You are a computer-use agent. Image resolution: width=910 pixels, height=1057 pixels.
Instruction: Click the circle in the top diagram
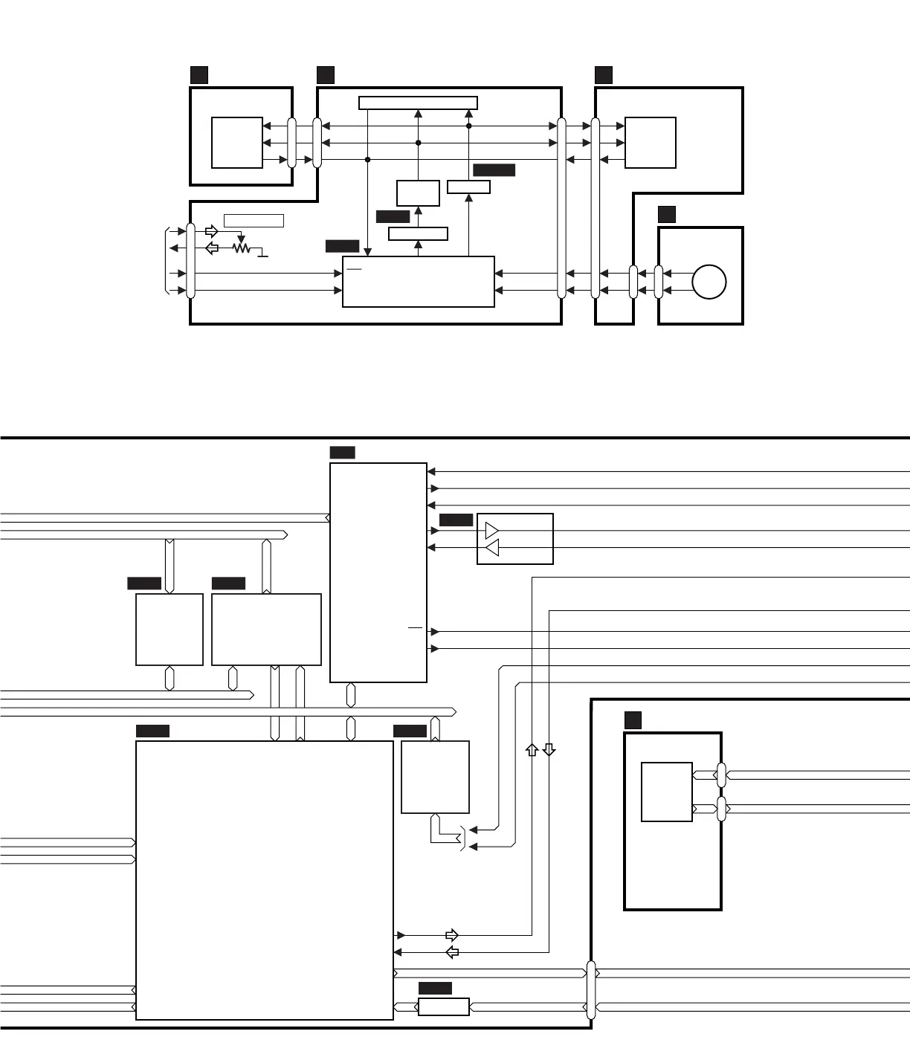click(x=709, y=282)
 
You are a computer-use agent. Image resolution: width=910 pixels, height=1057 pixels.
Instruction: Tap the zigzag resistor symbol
click(x=241, y=248)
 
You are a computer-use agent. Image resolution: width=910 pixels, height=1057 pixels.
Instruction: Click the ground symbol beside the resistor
click(x=262, y=255)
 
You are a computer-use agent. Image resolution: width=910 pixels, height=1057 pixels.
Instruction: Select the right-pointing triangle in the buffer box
click(x=491, y=531)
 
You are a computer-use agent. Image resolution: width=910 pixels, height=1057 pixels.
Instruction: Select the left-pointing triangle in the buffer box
click(x=491, y=549)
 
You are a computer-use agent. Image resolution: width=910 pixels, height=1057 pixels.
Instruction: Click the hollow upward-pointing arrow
click(x=532, y=750)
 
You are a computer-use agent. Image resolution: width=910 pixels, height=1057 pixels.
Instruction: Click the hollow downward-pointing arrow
click(x=549, y=750)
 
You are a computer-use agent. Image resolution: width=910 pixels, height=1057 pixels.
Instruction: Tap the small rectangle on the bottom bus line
click(x=444, y=1007)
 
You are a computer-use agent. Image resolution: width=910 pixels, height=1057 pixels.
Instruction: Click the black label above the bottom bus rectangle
click(x=435, y=989)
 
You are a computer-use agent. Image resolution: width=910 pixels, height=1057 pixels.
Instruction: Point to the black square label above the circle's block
click(x=667, y=215)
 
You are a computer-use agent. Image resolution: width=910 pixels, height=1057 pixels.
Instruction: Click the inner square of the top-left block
click(x=237, y=143)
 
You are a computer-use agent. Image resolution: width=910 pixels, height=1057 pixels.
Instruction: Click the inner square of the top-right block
click(x=651, y=143)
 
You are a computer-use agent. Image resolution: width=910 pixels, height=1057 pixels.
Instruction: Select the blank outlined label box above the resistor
click(x=254, y=221)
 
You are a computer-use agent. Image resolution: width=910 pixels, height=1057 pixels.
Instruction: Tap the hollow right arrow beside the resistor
click(x=212, y=231)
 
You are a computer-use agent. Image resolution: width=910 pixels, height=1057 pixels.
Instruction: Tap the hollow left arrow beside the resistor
click(x=212, y=248)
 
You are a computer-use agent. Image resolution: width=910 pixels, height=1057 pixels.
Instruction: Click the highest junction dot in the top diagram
click(x=469, y=126)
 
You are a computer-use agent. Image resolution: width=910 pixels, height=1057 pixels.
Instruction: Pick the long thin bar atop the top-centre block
click(x=418, y=103)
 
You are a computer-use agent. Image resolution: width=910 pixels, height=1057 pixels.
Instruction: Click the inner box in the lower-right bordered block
click(x=667, y=792)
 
